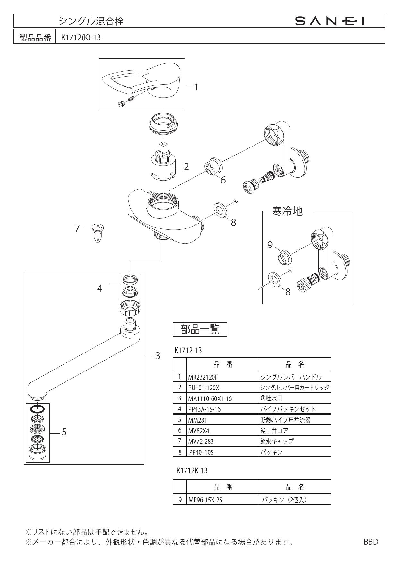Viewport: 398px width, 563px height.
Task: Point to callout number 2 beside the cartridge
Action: pos(186,166)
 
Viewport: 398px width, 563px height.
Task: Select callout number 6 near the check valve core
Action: pos(223,180)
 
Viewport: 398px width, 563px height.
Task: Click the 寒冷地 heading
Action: pos(287,211)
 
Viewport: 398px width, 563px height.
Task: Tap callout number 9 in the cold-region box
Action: pos(270,245)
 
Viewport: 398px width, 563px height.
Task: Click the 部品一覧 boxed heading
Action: pos(200,329)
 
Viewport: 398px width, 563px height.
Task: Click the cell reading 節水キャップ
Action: pos(277,441)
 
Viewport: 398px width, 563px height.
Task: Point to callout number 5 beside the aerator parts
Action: pos(64,432)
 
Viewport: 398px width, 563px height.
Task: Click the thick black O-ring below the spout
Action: pos(38,409)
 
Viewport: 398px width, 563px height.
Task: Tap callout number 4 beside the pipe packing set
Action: pos(100,289)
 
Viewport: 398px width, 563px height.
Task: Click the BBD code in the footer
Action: pos(371,541)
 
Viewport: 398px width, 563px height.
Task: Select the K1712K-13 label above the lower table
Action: pos(192,471)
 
